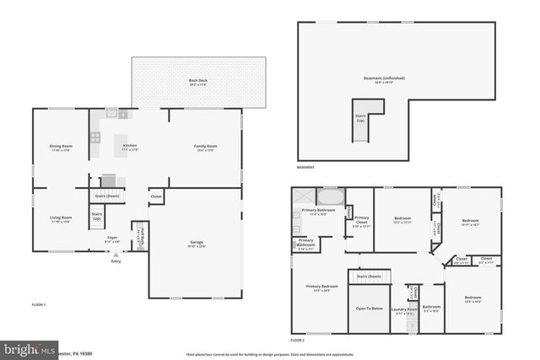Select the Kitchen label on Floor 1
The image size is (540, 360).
(129, 146)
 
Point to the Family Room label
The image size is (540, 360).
(206, 147)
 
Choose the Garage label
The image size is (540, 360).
(196, 243)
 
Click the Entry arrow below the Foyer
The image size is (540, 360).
(116, 255)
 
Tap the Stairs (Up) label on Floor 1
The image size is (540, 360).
(97, 216)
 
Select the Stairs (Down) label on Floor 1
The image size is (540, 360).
(107, 195)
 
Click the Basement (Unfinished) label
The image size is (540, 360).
(384, 78)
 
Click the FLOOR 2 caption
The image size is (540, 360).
(297, 340)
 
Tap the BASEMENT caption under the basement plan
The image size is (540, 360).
(306, 167)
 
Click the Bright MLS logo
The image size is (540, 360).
(30, 347)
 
